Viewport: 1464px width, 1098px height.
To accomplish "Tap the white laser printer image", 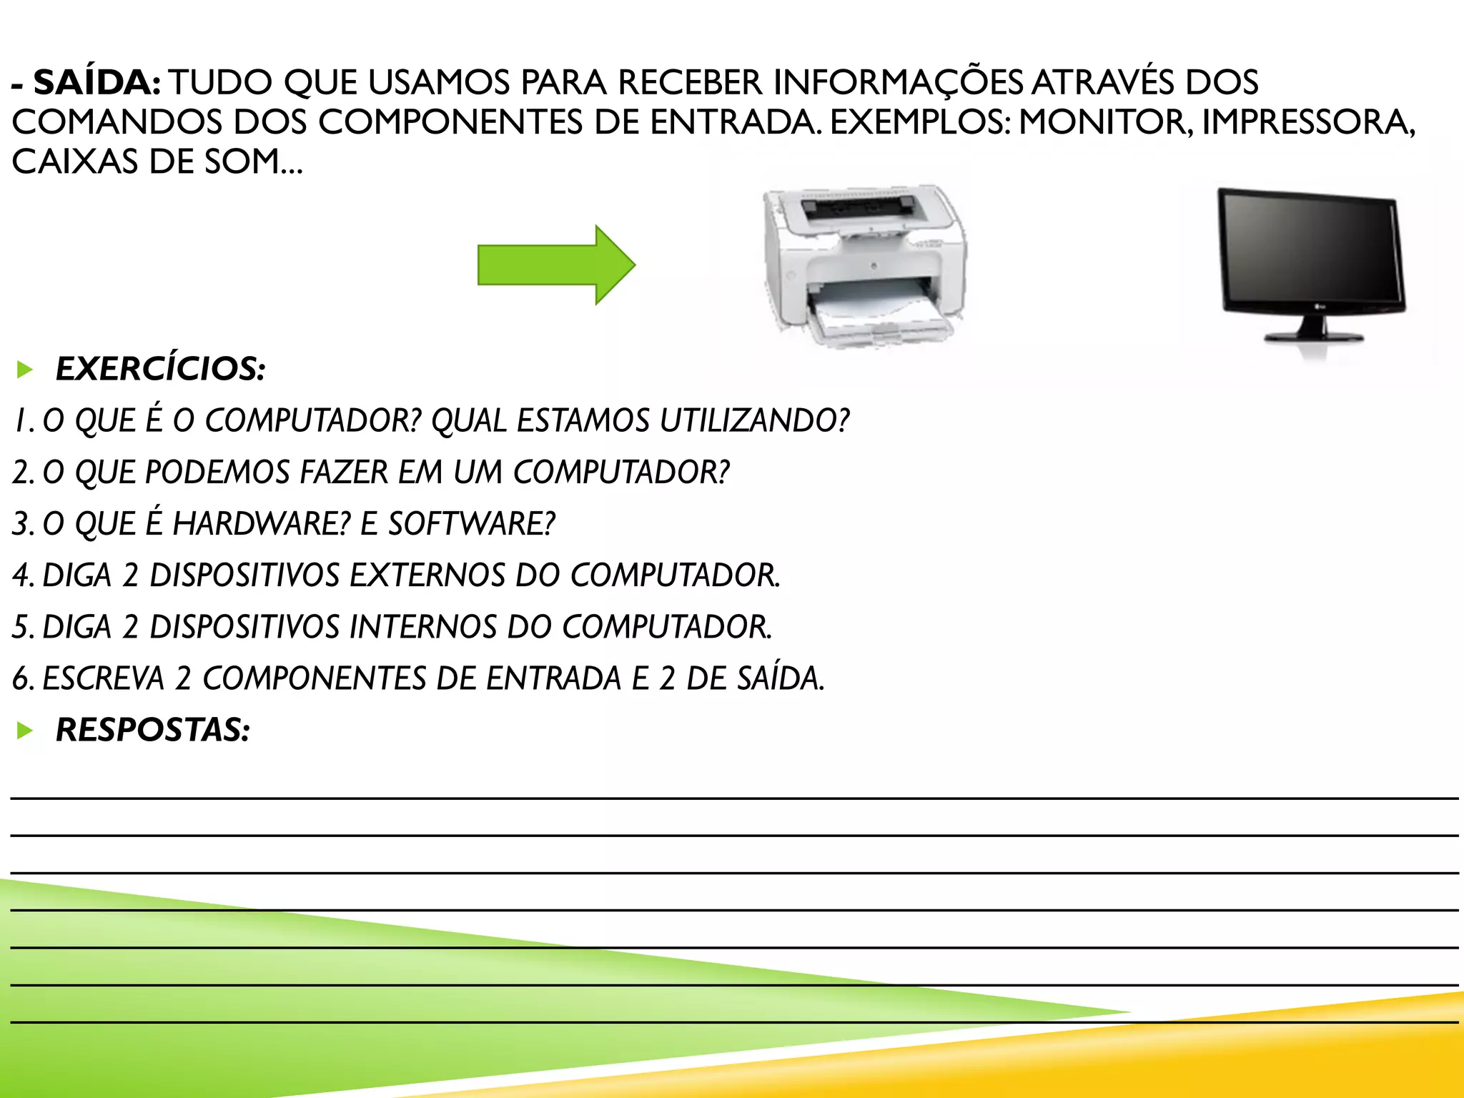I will point(865,264).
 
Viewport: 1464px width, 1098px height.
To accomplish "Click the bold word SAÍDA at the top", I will point(97,83).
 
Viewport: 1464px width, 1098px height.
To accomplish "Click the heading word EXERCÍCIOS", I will point(161,369).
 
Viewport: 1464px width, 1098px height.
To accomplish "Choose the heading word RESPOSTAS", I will point(153,730).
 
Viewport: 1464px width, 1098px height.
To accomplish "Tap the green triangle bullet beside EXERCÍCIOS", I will point(25,370).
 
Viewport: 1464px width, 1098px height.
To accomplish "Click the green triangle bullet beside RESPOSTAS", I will point(25,731).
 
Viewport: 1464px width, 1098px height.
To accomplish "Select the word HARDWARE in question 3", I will point(261,524).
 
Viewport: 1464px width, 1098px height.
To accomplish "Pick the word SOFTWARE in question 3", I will point(472,524).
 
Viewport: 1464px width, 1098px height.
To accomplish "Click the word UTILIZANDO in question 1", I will point(754,420).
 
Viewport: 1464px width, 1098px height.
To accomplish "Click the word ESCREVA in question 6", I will point(104,678).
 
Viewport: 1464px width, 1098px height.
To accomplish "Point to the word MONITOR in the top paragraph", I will point(1104,122).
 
